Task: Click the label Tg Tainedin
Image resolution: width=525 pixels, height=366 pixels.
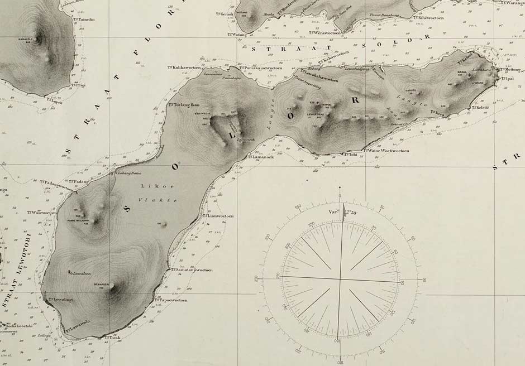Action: tap(84, 19)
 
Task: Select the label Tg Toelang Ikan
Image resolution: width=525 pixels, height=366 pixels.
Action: tap(184, 105)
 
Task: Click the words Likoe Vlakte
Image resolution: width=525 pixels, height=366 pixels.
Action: tap(158, 192)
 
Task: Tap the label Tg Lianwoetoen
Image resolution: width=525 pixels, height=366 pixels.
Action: tap(218, 216)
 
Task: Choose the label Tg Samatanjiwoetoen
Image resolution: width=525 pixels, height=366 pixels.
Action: tap(192, 270)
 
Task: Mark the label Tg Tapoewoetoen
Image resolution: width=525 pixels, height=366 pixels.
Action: tap(170, 300)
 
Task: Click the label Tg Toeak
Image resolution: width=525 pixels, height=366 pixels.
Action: tap(112, 338)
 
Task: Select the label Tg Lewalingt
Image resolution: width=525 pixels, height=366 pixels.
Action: tap(60, 300)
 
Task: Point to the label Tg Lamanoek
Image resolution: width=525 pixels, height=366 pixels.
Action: tap(261, 157)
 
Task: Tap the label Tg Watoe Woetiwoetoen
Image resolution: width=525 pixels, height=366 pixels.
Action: tap(386, 151)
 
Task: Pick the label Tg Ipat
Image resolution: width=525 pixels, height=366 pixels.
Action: tap(507, 78)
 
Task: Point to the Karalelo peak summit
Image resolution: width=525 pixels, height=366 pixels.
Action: tap(39, 38)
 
